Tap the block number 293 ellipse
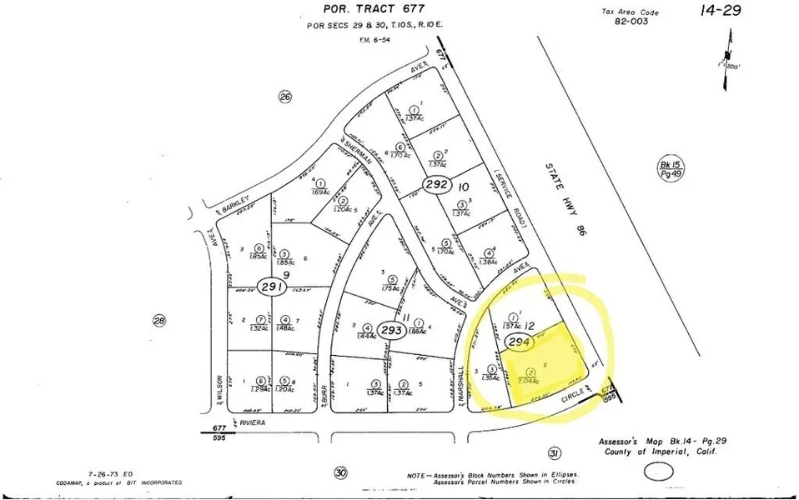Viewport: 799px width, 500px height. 392,329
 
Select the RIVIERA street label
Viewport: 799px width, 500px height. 252,423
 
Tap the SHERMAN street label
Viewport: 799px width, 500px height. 356,153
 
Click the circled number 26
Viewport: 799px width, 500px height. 285,97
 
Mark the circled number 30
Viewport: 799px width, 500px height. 340,472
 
